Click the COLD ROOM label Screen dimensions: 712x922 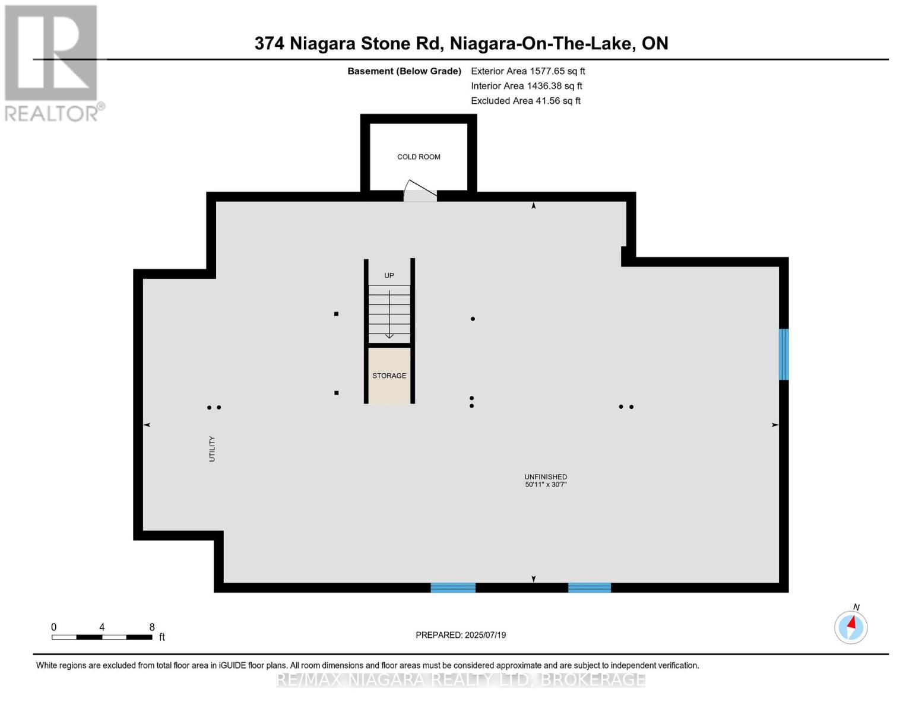click(419, 157)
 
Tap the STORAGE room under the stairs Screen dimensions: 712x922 click(389, 376)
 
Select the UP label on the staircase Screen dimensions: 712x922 click(389, 275)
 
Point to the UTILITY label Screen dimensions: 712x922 click(212, 449)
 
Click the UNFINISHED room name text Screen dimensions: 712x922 click(546, 476)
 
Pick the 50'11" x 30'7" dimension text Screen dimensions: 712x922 click(546, 485)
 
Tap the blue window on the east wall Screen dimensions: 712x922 click(784, 354)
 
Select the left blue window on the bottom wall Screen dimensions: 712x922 click(453, 587)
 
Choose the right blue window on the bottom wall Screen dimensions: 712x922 click(590, 587)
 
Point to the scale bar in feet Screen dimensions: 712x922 click(102, 637)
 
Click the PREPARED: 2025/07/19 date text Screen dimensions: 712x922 click(461, 635)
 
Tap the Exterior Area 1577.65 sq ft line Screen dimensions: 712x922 click(528, 71)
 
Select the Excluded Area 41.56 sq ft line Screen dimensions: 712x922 click(525, 101)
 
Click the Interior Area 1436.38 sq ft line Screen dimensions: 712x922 click(527, 86)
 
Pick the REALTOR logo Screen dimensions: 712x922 click(53, 62)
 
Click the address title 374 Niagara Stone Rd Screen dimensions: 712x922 click(461, 43)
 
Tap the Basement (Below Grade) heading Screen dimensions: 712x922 click(404, 71)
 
